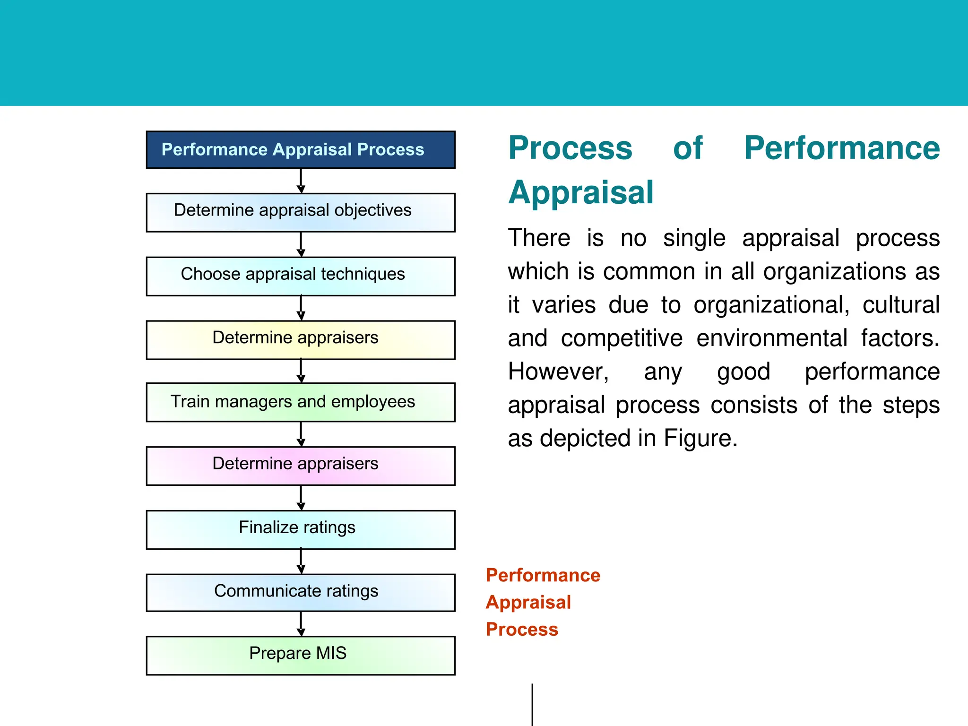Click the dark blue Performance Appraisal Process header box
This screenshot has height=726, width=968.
pos(301,150)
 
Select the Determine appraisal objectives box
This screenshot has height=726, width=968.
pos(301,212)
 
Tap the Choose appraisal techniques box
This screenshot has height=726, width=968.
pos(301,276)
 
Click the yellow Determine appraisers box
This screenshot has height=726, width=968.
pos(301,340)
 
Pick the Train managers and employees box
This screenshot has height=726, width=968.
pos(301,402)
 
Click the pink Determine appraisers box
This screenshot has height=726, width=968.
pos(301,466)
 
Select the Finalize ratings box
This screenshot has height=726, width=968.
pos(301,529)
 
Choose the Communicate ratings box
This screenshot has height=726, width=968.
pos(301,593)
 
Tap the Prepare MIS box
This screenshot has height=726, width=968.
pos(301,655)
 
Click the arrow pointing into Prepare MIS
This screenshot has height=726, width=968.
pos(301,624)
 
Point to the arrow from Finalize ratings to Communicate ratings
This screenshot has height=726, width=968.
pos(301,562)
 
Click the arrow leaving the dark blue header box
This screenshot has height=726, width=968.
pos(301,181)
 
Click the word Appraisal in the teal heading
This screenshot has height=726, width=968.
pos(581,193)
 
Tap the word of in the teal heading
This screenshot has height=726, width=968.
pos(688,148)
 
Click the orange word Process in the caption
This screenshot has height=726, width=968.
pos(522,630)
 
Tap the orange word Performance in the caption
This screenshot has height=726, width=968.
pos(543,575)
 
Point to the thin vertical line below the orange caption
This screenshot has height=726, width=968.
pos(532,704)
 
